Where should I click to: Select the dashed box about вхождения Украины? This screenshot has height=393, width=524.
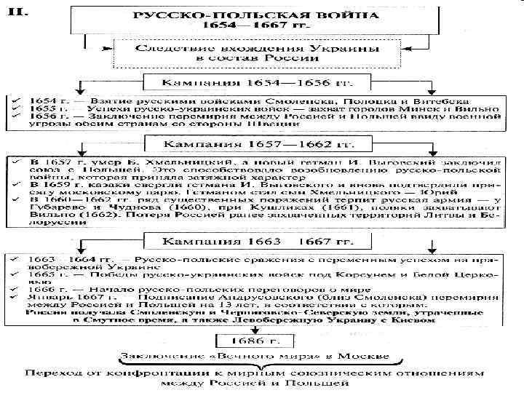259,52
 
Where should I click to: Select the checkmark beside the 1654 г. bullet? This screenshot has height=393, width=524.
12,98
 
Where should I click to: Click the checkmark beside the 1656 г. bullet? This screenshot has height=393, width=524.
12,115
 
